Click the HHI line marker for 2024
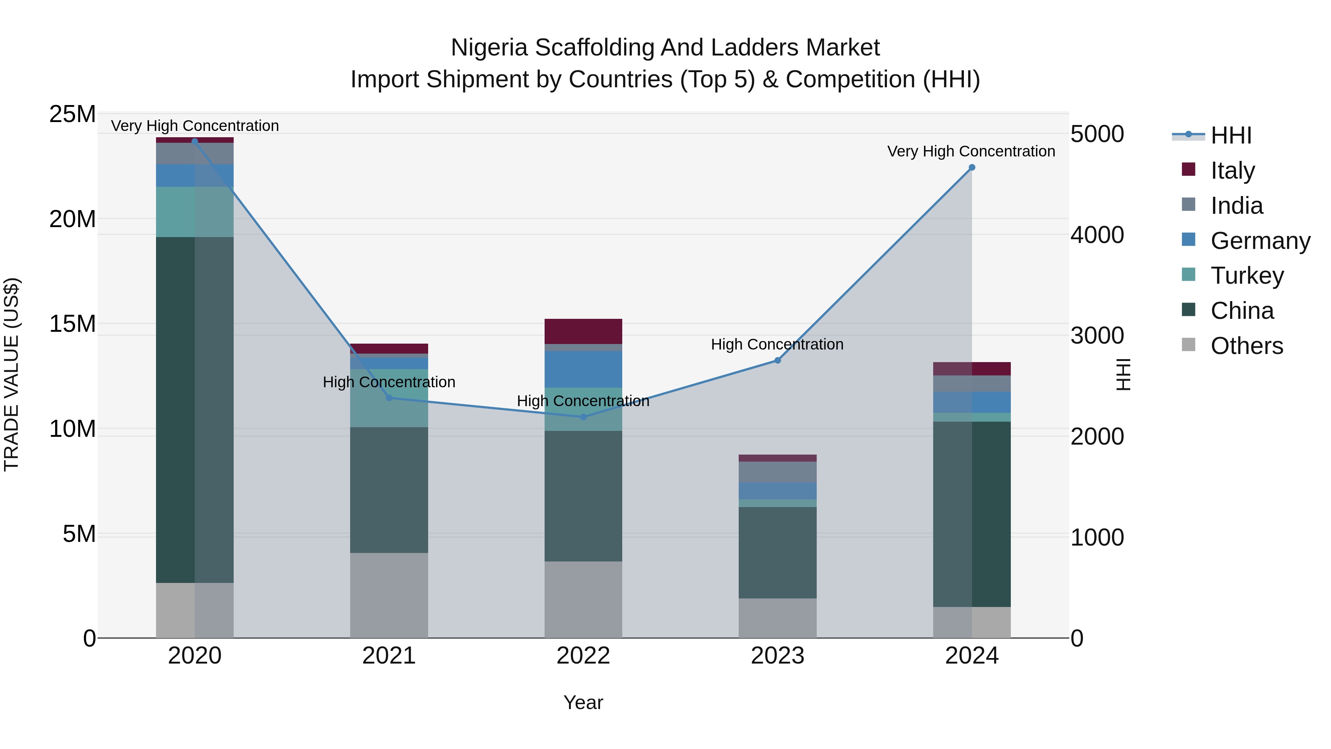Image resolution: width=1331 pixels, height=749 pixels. pos(971,168)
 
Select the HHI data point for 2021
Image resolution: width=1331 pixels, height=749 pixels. pos(389,398)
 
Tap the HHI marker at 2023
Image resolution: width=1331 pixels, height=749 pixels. pos(777,360)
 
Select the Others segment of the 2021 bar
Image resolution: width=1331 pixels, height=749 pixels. pos(389,595)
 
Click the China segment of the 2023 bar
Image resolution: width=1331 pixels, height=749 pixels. pos(777,553)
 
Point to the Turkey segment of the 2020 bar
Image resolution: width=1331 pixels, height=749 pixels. pos(195,212)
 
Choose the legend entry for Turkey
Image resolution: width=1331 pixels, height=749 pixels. pos(1247,276)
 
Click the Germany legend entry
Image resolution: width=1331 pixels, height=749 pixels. pos(1260,241)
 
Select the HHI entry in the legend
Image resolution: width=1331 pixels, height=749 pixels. pos(1231,135)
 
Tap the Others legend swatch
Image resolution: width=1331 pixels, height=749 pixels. pos(1188,345)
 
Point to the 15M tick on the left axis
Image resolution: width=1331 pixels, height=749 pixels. pos(72,324)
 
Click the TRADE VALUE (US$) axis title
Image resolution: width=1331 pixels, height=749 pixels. pos(11,374)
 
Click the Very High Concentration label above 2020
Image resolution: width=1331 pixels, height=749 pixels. pos(195,126)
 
